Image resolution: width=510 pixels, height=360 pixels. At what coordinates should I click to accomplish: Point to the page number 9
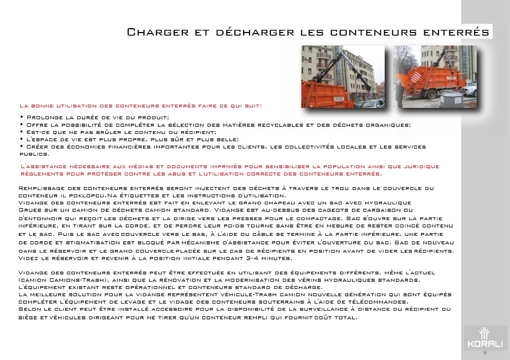[484, 353]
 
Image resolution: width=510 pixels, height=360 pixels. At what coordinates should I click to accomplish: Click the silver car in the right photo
[470, 89]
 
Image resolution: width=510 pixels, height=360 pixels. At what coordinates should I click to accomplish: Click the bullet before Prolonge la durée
[21, 117]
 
